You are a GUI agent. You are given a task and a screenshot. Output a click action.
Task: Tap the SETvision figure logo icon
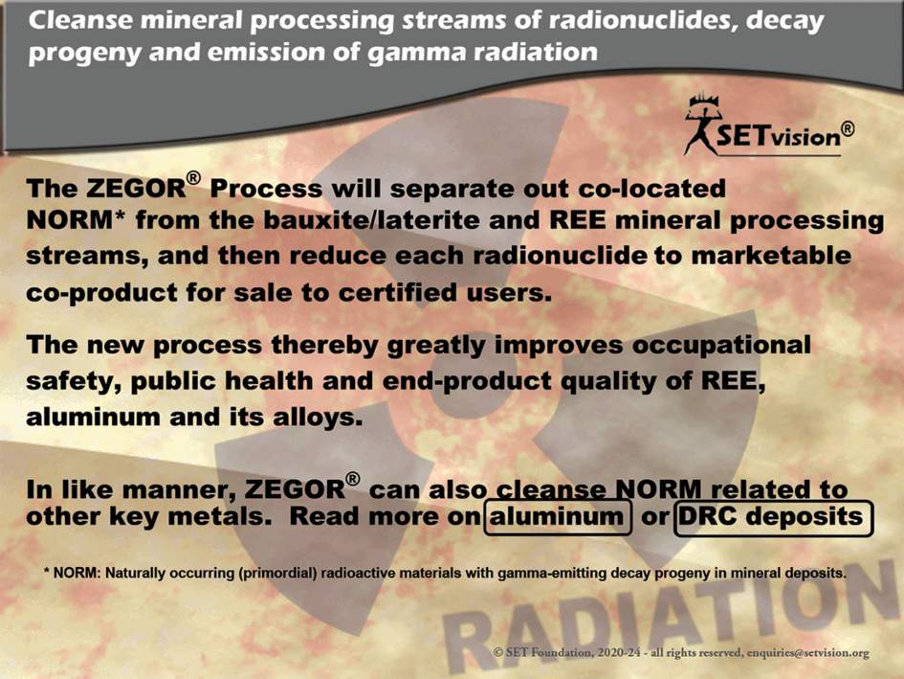coord(702,124)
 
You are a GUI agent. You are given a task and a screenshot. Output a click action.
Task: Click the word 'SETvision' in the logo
coord(779,136)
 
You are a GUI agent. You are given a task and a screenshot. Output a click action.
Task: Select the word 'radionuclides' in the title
coord(642,20)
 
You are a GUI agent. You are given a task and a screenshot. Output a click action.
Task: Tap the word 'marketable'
coord(771,255)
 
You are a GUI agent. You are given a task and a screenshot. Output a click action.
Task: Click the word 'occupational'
coord(721,346)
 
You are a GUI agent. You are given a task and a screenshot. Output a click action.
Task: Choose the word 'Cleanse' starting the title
coord(80,20)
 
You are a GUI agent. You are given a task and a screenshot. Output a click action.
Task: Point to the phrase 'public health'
coord(222,381)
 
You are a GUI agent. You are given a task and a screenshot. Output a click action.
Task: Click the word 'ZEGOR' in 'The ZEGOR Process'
coord(136,189)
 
